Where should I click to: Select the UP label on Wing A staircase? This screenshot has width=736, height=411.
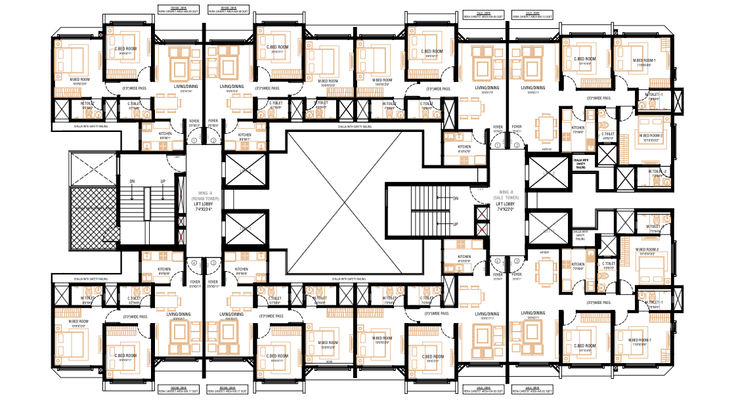pyautogui.click(x=163, y=181)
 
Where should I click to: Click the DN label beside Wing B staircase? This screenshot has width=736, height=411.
pyautogui.click(x=455, y=197)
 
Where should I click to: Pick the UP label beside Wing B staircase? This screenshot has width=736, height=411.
pyautogui.click(x=455, y=224)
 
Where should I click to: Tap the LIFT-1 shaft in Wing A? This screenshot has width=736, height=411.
pyautogui.click(x=245, y=228)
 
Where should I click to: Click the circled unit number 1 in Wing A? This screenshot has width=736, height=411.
pyautogui.click(x=194, y=140)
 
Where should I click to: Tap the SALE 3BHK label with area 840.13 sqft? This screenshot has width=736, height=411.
pyautogui.click(x=532, y=14)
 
